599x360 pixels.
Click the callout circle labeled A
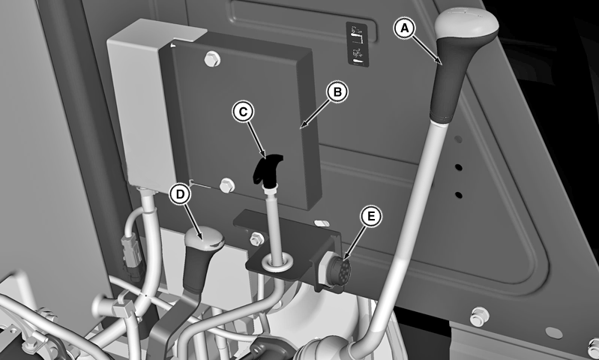[405, 28]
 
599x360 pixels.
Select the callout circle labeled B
[337, 92]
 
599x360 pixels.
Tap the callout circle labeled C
[244, 111]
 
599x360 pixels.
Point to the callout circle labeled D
[180, 193]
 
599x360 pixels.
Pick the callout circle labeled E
[370, 216]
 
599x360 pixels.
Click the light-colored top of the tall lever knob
[466, 22]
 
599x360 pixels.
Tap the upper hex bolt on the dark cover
[212, 58]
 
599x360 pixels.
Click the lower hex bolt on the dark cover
[227, 185]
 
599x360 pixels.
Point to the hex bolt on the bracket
[256, 238]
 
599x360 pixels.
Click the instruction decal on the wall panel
[357, 44]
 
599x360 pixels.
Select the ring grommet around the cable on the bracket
[275, 262]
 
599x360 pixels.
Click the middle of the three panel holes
[458, 167]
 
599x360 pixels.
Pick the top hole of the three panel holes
[458, 139]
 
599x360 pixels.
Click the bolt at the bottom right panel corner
[479, 316]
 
